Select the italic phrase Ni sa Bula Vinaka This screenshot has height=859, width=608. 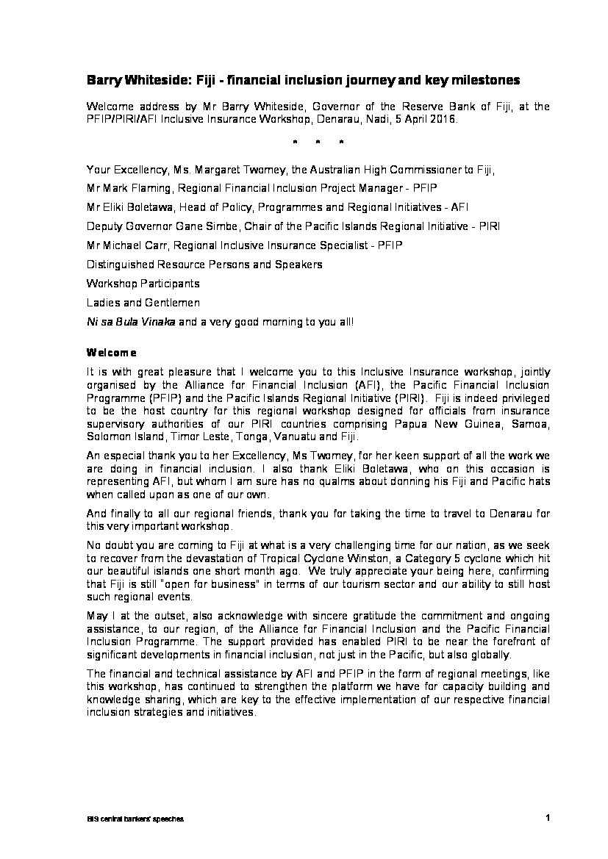click(x=130, y=321)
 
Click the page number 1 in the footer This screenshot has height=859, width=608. click(x=548, y=817)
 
